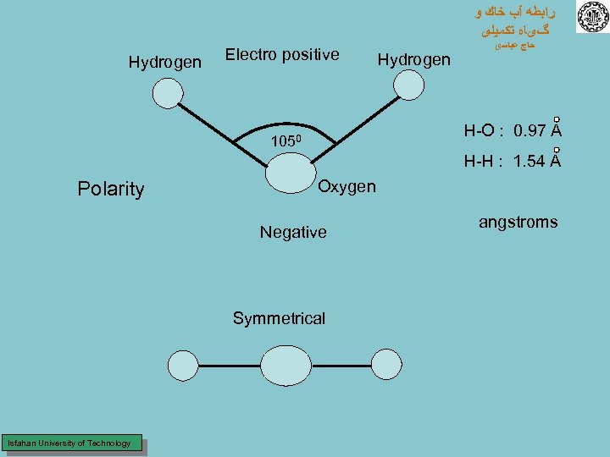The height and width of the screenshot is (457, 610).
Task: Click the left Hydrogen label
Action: (x=164, y=63)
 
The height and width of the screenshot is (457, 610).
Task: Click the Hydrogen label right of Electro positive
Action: (x=413, y=59)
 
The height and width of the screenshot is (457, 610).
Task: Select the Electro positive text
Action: (x=282, y=55)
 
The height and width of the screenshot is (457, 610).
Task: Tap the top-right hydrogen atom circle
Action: (x=410, y=85)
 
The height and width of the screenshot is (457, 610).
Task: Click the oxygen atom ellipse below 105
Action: (x=290, y=176)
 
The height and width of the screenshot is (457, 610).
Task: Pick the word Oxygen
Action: (x=347, y=186)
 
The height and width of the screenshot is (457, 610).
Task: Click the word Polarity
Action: (x=110, y=189)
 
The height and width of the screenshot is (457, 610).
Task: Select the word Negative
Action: (x=293, y=232)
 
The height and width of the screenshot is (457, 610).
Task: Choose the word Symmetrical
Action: (x=279, y=318)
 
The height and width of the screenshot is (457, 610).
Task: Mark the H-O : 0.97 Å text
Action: (x=513, y=131)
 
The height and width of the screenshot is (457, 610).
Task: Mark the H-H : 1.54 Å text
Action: (x=513, y=162)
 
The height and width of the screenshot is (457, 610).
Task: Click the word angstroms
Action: (x=518, y=223)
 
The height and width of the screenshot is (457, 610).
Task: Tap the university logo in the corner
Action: (x=592, y=17)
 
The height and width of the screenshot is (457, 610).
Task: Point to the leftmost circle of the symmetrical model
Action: (x=182, y=366)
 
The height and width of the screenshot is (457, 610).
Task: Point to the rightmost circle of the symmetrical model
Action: (x=387, y=366)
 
